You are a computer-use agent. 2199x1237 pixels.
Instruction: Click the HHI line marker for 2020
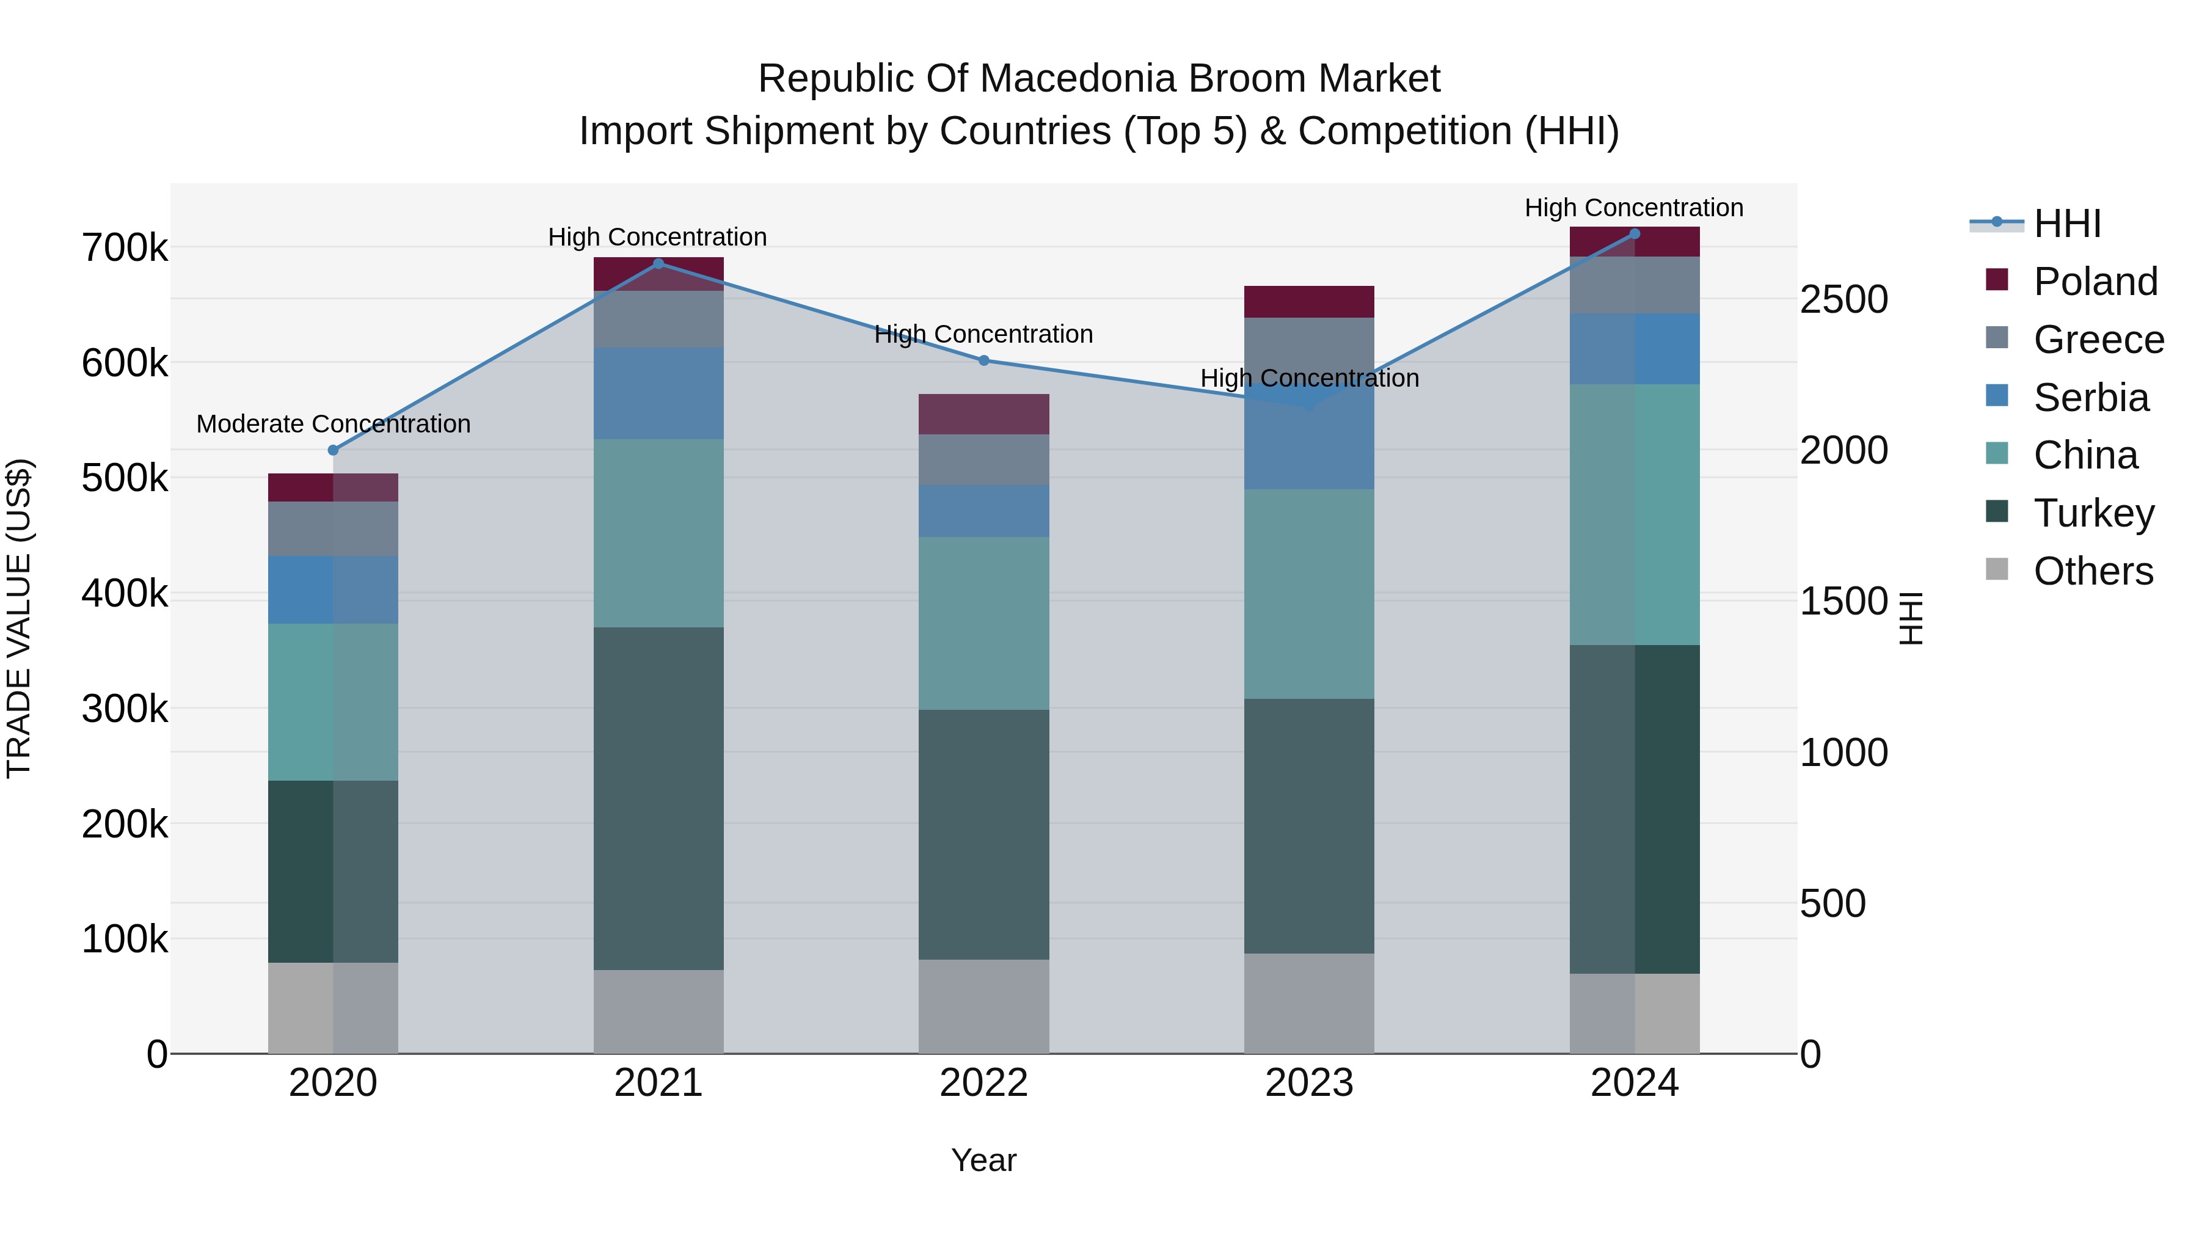(333, 450)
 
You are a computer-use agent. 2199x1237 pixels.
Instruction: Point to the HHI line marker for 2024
(1634, 234)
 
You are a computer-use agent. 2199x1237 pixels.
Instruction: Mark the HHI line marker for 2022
(983, 360)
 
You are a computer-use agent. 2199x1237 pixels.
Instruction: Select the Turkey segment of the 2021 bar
(658, 798)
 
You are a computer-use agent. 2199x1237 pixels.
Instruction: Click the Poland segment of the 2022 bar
(983, 414)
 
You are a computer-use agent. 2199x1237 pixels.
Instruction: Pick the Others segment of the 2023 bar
(1308, 1003)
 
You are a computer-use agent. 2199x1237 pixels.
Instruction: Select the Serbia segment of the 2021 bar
(658, 393)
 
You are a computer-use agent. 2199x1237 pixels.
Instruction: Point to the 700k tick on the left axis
(125, 249)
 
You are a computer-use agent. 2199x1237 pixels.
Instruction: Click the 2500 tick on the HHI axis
(1844, 300)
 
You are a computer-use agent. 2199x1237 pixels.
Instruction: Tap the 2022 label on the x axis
(983, 1083)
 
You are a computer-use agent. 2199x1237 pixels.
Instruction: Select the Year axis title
(983, 1160)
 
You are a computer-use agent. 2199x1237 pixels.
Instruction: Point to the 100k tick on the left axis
(125, 939)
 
